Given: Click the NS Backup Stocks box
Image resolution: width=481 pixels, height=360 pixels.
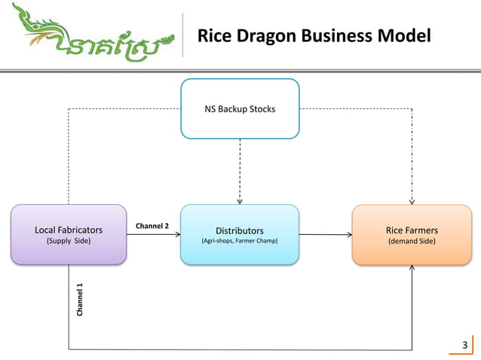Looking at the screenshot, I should click(240, 109).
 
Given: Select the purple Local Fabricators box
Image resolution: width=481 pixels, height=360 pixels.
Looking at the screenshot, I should click(69, 234).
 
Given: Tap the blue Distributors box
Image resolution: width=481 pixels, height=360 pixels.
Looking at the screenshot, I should click(240, 234).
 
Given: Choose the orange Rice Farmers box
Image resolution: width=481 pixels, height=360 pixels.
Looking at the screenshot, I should click(412, 234).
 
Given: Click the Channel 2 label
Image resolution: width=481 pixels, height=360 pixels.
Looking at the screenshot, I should click(152, 226).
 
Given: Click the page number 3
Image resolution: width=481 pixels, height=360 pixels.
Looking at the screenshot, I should click(464, 346).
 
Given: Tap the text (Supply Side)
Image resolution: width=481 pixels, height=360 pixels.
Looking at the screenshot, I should click(69, 241).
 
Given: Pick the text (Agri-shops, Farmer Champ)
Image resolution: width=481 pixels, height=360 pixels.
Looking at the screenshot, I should click(240, 241).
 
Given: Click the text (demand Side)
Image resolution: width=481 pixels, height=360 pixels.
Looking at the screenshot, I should click(412, 241).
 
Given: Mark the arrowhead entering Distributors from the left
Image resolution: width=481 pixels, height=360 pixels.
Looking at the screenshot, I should click(176, 234).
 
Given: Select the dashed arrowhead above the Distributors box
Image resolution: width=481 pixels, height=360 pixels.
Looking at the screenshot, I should click(240, 201).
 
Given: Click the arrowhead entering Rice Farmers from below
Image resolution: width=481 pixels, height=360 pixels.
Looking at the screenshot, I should click(412, 268).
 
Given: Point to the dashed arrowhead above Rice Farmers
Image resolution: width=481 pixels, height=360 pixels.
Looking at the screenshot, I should click(412, 201).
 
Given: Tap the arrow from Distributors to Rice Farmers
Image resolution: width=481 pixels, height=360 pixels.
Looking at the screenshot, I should click(324, 234).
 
